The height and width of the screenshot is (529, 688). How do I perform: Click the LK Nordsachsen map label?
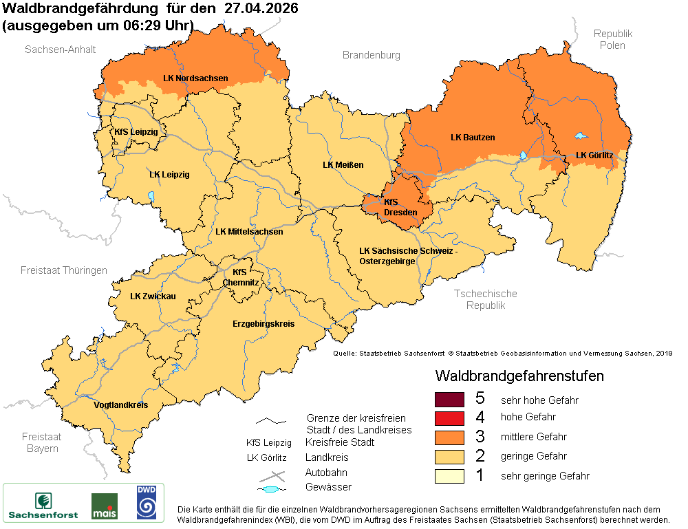pyautogui.click(x=195, y=78)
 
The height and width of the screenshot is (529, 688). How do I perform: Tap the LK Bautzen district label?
pyautogui.click(x=473, y=138)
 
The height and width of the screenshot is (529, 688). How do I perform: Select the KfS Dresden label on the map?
pyautogui.click(x=400, y=207)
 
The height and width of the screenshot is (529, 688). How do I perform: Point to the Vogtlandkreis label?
pyautogui.click(x=120, y=405)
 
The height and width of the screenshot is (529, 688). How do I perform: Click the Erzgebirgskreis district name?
pyautogui.click(x=264, y=323)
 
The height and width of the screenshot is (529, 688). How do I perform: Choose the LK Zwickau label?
pyautogui.click(x=153, y=296)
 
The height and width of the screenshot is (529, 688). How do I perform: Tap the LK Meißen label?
pyautogui.click(x=343, y=165)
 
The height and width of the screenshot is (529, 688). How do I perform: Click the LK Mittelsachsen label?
pyautogui.click(x=249, y=232)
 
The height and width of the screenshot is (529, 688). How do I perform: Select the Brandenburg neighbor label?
pyautogui.click(x=371, y=55)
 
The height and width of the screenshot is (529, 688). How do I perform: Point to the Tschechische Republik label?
pyautogui.click(x=485, y=299)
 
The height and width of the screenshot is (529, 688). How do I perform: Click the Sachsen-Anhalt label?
pyautogui.click(x=61, y=50)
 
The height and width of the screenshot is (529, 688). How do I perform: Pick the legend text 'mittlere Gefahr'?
pyautogui.click(x=533, y=437)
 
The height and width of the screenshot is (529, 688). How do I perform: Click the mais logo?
pyautogui.click(x=104, y=506)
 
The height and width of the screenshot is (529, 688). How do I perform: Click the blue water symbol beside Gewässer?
pyautogui.click(x=271, y=488)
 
